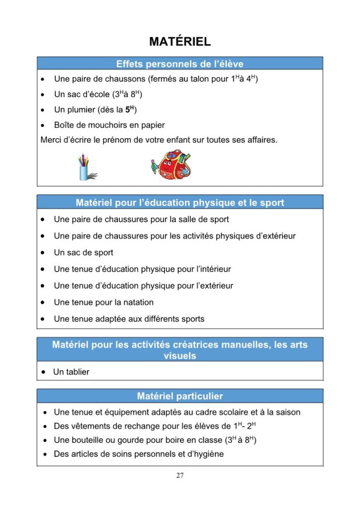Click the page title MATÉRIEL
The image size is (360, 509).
180,42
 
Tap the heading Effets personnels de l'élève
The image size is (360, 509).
180,64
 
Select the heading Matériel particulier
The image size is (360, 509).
180,396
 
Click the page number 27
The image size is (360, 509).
180,475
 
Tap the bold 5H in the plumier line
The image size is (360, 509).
131,109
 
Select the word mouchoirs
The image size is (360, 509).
109,125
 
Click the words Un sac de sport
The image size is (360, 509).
84,253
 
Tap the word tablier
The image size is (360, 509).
78,372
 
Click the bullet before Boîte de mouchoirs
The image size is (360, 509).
44,125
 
